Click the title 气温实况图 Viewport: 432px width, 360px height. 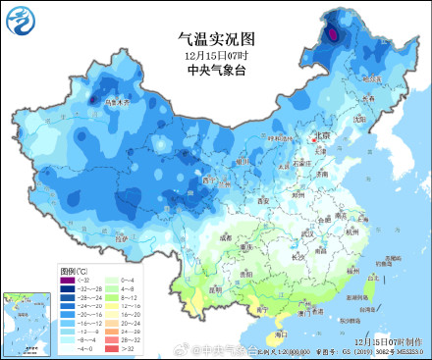[216, 40]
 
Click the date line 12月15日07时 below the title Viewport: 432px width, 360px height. [215, 56]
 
